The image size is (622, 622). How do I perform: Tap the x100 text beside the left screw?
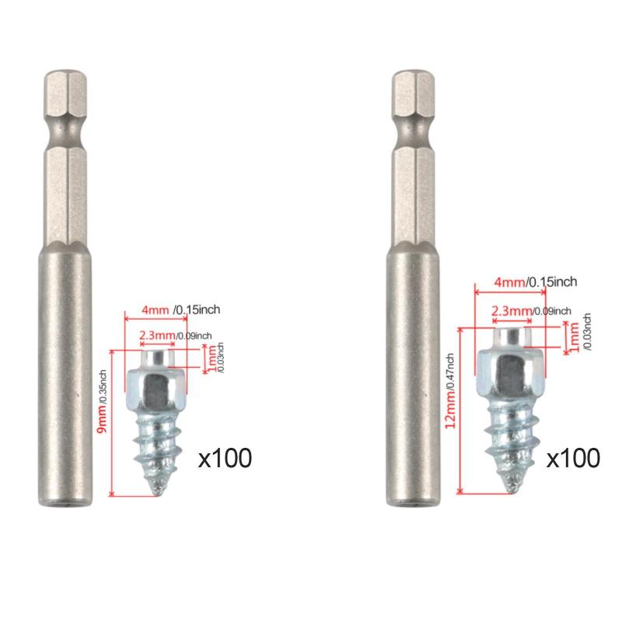(225, 458)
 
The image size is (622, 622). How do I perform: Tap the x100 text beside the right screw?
(573, 458)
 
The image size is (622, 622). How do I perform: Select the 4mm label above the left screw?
(155, 309)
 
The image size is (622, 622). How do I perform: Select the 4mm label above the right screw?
(510, 282)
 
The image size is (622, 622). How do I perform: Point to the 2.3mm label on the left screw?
(157, 336)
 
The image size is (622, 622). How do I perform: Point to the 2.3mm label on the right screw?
(512, 310)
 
